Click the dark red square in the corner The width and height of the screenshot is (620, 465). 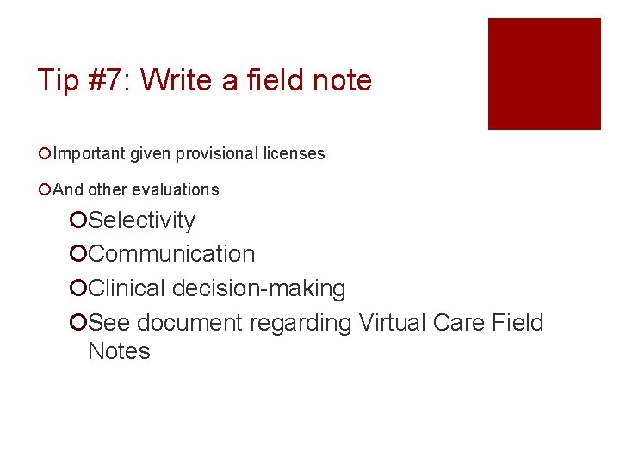(x=544, y=74)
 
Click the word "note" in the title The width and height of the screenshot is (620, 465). (x=343, y=80)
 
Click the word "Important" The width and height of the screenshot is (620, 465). (x=90, y=154)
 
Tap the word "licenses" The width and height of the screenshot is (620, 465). (x=293, y=154)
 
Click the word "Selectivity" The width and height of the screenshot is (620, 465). (x=142, y=220)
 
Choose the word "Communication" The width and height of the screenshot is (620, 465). (x=171, y=254)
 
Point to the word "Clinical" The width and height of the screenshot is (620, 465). (x=127, y=288)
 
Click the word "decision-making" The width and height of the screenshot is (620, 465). (x=259, y=288)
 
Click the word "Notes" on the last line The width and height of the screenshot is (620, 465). (x=119, y=351)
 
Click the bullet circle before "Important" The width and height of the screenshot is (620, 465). (x=44, y=154)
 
